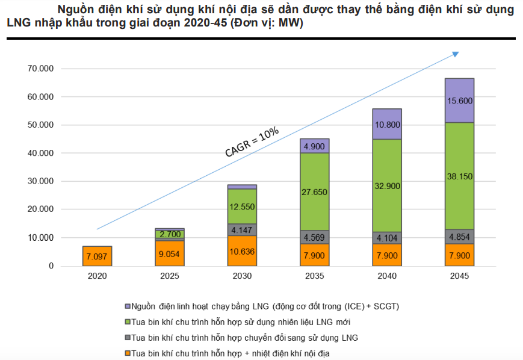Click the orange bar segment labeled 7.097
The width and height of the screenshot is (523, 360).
(x=97, y=256)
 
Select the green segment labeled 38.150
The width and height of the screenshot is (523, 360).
(x=459, y=176)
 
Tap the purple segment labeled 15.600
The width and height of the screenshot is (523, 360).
(x=459, y=101)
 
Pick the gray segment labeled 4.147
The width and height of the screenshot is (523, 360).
(x=242, y=229)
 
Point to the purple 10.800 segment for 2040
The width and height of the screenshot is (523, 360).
(x=387, y=124)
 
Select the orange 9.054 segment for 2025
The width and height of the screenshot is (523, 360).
(x=169, y=253)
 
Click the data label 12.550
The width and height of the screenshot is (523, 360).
(x=242, y=206)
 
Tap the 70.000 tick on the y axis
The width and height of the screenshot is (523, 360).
(x=41, y=69)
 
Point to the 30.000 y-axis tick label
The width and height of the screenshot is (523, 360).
(x=41, y=181)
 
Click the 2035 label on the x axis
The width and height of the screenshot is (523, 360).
(x=314, y=276)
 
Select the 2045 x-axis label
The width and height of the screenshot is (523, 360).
(x=459, y=276)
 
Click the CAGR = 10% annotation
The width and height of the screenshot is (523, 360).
(x=252, y=143)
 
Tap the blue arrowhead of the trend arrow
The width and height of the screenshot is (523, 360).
(x=456, y=54)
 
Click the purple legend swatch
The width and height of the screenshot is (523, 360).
(x=127, y=306)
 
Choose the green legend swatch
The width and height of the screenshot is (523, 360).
(x=127, y=322)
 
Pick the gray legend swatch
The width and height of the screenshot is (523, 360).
(x=127, y=338)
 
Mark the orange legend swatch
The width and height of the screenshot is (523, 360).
(x=127, y=353)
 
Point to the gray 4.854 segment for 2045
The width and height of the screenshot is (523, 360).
(x=459, y=237)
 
